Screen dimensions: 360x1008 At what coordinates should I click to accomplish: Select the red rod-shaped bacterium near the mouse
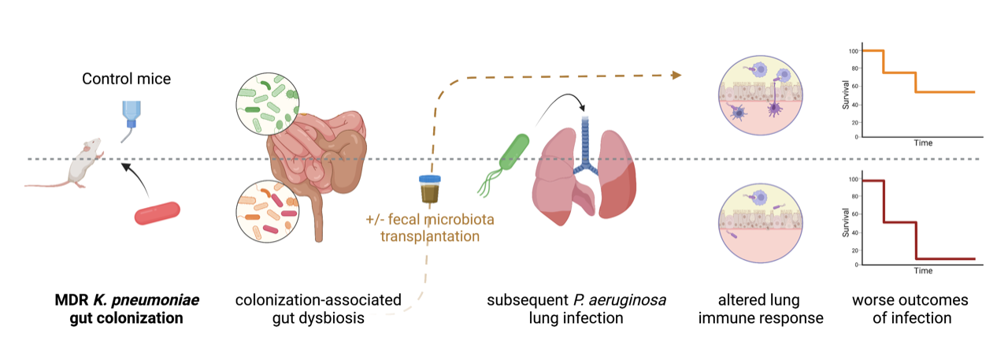[157, 213]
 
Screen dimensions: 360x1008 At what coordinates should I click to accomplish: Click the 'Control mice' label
[126, 79]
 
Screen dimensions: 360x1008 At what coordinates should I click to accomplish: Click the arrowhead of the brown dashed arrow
[675, 75]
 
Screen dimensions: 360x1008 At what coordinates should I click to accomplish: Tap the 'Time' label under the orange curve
[923, 143]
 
